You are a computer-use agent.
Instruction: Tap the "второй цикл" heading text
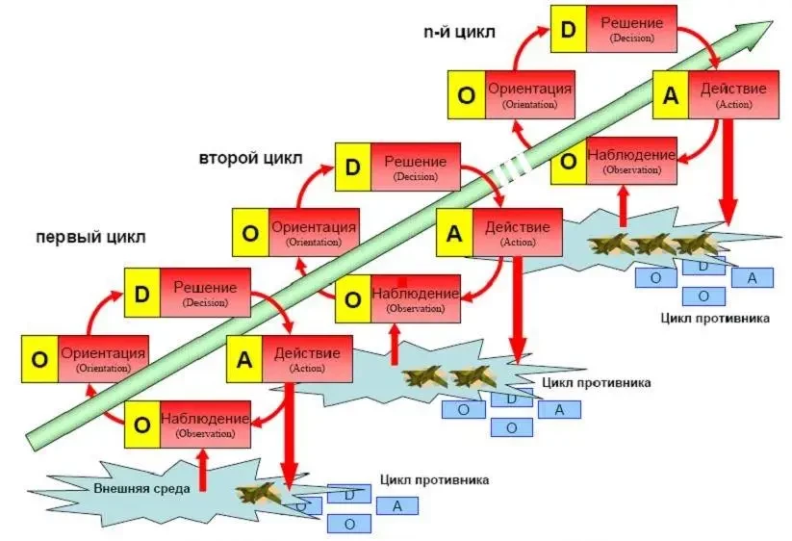click(250, 157)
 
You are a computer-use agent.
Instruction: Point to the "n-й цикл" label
click(459, 32)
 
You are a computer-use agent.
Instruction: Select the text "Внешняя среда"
click(142, 487)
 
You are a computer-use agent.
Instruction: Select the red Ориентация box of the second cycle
click(313, 233)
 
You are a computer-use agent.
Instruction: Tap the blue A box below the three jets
click(752, 278)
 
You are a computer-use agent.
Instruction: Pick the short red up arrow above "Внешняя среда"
click(202, 472)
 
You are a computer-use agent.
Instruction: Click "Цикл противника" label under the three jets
click(714, 318)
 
